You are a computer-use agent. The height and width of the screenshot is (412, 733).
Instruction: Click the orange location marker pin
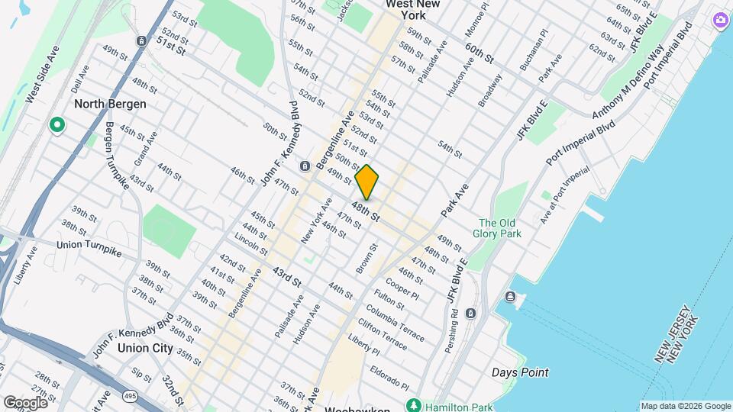[x=367, y=182]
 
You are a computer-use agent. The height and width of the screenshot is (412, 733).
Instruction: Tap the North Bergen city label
[x=110, y=104]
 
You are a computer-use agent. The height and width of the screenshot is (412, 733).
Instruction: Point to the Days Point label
[x=519, y=372]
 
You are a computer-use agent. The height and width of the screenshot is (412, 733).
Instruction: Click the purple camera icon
[x=719, y=20]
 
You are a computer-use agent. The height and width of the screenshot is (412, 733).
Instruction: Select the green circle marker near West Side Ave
[x=56, y=124]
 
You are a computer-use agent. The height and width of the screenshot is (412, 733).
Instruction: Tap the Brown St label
[x=364, y=259]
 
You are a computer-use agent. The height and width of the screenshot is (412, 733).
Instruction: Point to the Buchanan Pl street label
[x=533, y=51]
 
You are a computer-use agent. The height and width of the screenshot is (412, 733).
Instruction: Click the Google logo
[x=25, y=402]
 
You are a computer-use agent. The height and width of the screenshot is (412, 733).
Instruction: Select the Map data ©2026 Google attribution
[x=685, y=406]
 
